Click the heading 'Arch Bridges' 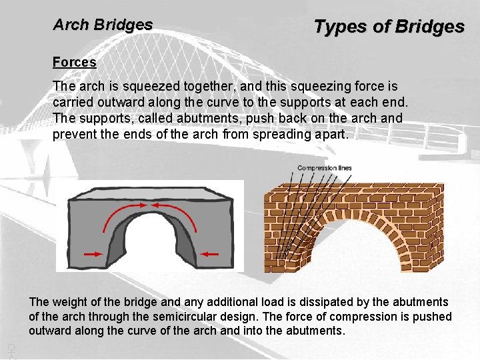(103, 25)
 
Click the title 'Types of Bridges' (389, 27)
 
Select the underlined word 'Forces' (75, 62)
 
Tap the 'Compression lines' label (324, 168)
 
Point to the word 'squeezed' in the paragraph (144, 87)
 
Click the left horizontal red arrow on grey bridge (94, 254)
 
